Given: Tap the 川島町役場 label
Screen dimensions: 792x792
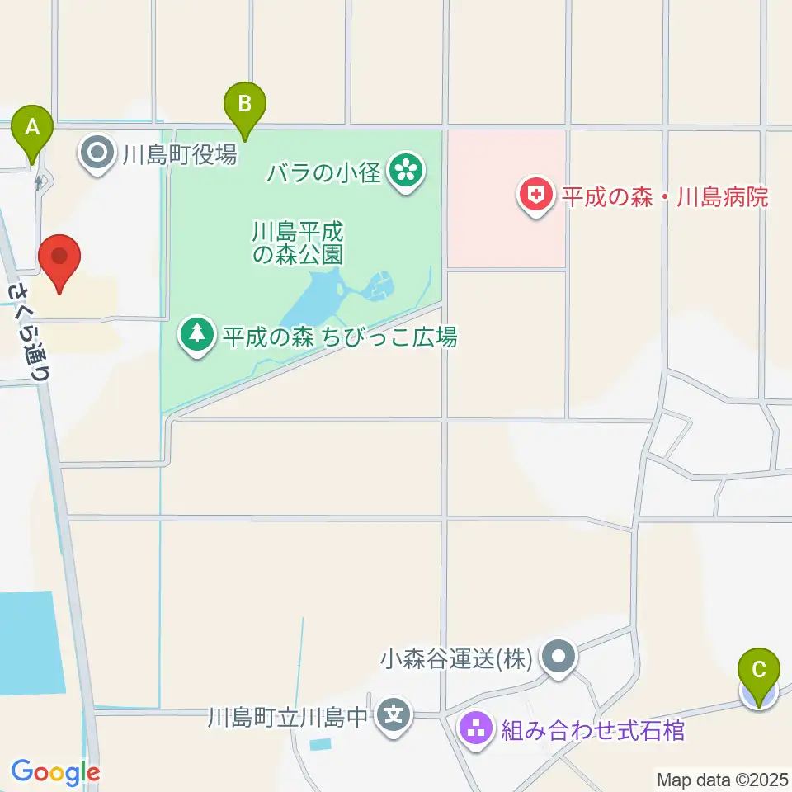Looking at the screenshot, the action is point(180,153).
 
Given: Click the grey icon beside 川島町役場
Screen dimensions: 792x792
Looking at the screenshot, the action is point(98,153).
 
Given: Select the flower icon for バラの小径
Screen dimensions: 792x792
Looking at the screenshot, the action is point(405,172).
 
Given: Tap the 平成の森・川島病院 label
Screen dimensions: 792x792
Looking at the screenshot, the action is point(665,197).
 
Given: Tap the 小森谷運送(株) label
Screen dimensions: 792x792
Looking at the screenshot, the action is point(455,658).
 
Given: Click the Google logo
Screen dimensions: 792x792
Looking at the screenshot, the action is point(55,772).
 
